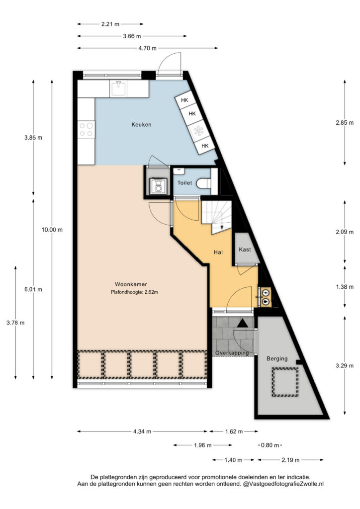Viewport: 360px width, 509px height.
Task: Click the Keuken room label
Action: click(x=141, y=124)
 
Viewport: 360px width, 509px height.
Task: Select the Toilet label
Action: click(x=184, y=183)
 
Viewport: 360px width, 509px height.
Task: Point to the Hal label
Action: click(x=218, y=252)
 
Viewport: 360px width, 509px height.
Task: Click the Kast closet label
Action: click(x=245, y=250)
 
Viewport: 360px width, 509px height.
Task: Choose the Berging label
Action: click(x=277, y=359)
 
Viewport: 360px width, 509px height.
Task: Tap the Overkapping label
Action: click(x=232, y=352)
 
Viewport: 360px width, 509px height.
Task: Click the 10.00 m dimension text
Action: click(x=52, y=230)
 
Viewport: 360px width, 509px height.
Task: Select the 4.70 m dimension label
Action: click(x=147, y=48)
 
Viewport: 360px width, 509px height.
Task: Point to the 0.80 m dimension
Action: click(x=270, y=445)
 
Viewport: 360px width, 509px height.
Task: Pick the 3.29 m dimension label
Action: click(x=345, y=365)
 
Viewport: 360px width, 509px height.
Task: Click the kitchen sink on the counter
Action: click(x=118, y=88)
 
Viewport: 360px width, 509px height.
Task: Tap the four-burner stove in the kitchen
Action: click(x=87, y=129)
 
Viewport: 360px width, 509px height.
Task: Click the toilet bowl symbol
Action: click(x=204, y=184)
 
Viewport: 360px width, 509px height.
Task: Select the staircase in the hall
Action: click(x=216, y=217)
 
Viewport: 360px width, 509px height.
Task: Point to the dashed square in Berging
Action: click(x=285, y=382)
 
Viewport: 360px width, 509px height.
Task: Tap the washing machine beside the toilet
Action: click(x=158, y=186)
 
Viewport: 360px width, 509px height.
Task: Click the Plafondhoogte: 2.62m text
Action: click(x=134, y=292)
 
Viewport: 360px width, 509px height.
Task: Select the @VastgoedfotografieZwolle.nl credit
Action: click(x=283, y=484)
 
